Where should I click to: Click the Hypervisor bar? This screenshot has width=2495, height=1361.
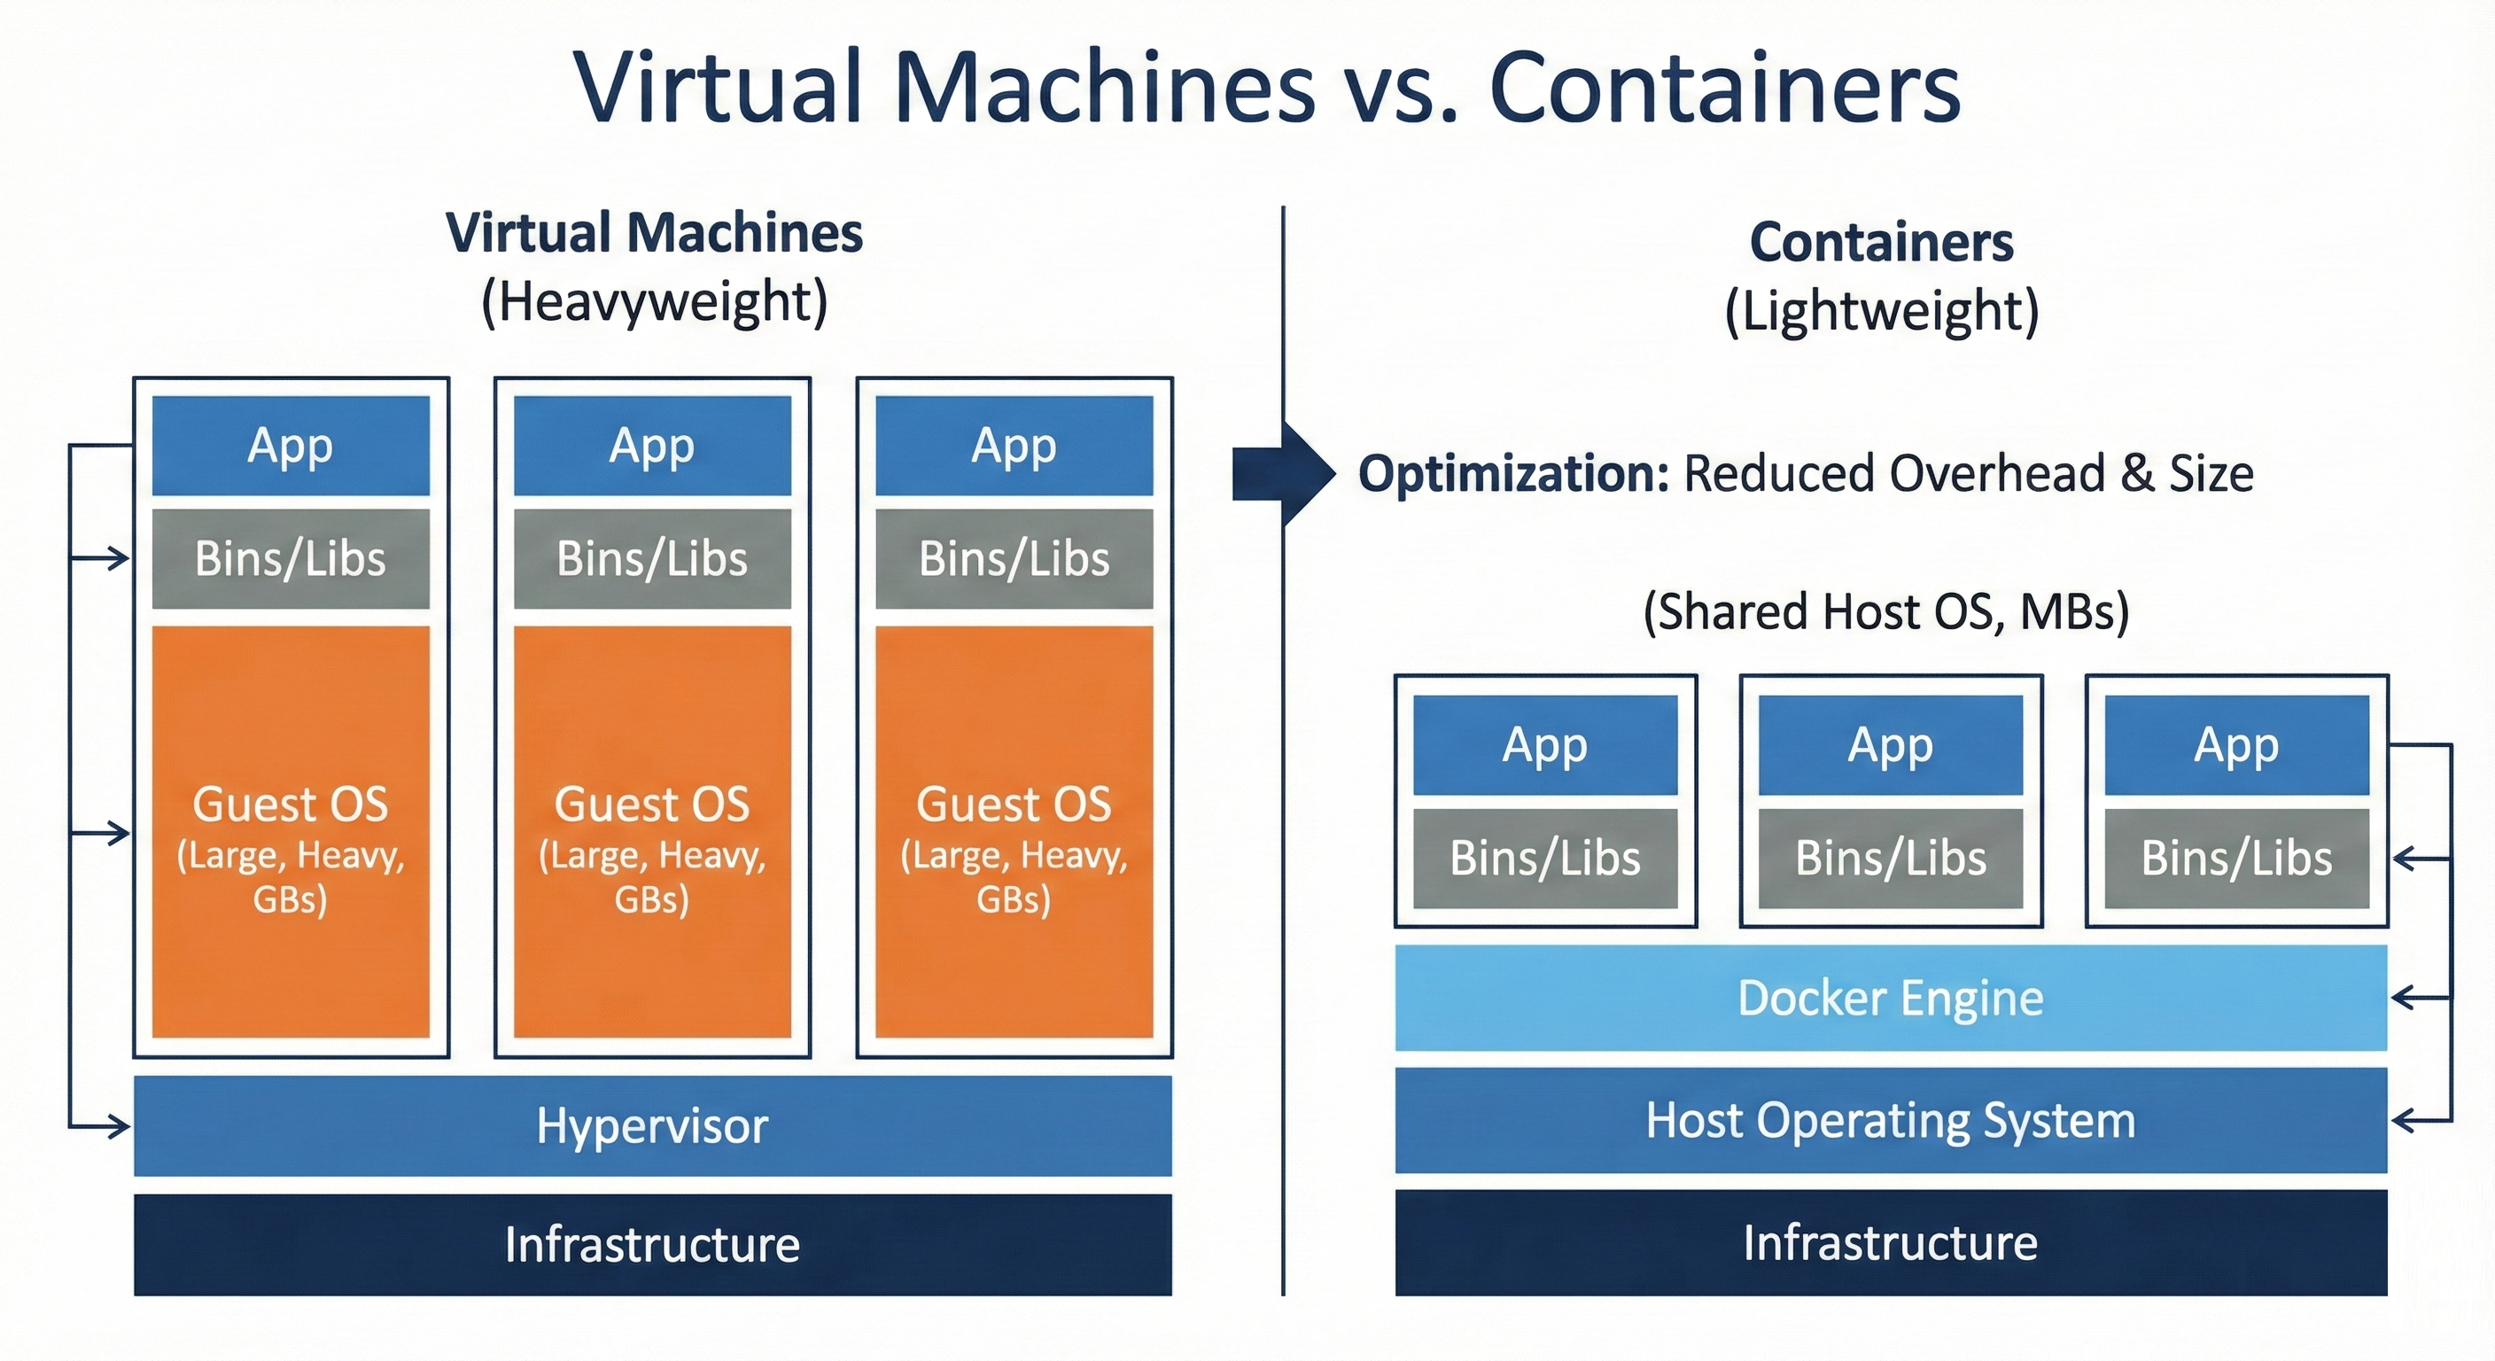pos(652,1125)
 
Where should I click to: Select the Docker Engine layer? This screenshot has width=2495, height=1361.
pos(1890,998)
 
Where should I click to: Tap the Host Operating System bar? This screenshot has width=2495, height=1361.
pos(1890,1121)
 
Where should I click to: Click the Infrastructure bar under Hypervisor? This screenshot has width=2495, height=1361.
pos(652,1245)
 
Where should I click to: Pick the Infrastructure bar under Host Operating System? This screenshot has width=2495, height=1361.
pos(1890,1243)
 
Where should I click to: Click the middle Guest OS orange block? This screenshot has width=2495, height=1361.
pos(652,831)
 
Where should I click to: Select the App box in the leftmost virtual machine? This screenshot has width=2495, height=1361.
pos(291,446)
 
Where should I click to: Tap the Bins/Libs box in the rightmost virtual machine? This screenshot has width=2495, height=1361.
pos(1014,559)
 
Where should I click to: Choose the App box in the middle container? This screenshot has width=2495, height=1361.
pos(1890,745)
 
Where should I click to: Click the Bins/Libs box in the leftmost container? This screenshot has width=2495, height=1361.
pos(1545,859)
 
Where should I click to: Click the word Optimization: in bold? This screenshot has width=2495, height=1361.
pos(1513,474)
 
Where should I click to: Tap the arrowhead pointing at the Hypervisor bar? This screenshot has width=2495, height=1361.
pos(119,1126)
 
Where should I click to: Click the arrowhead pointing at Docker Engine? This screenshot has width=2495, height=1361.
pos(2404,998)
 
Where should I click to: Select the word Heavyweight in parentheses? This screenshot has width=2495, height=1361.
pos(655,301)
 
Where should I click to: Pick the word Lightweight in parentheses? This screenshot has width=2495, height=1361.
pos(1881,311)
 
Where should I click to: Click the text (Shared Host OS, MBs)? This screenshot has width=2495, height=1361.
pos(1885,612)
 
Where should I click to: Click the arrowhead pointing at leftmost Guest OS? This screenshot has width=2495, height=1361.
pos(119,833)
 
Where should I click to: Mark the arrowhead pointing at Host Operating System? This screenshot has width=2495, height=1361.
pos(2404,1122)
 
